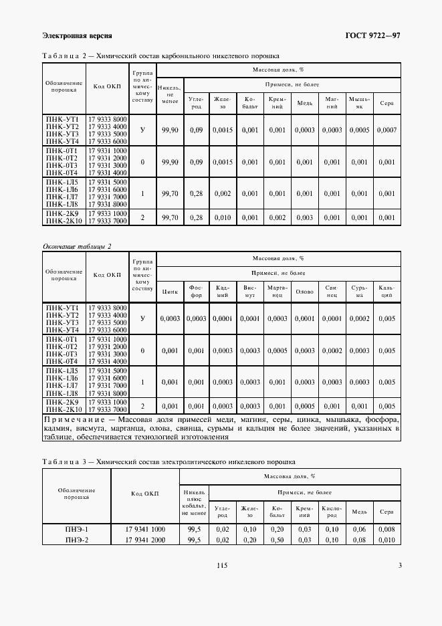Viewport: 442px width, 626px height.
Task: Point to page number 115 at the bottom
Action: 223,565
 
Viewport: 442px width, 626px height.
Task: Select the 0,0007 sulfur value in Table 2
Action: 386,130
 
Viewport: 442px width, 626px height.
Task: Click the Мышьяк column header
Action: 359,102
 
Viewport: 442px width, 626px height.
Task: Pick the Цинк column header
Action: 170,291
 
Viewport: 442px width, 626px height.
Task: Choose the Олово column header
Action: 304,291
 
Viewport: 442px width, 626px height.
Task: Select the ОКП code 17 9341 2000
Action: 145,540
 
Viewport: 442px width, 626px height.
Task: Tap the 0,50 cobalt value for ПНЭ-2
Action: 277,540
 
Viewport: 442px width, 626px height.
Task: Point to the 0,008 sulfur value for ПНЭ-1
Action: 386,529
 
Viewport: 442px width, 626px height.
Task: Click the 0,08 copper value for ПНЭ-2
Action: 359,540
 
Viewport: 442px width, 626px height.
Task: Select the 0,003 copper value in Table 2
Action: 304,217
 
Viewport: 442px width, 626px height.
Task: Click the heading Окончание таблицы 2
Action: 76,246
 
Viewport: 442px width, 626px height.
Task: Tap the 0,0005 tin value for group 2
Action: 304,406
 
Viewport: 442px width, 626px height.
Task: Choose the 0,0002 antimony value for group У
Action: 359,318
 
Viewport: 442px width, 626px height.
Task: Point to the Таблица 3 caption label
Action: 66,461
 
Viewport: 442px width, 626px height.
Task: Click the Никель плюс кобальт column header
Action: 194,503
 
